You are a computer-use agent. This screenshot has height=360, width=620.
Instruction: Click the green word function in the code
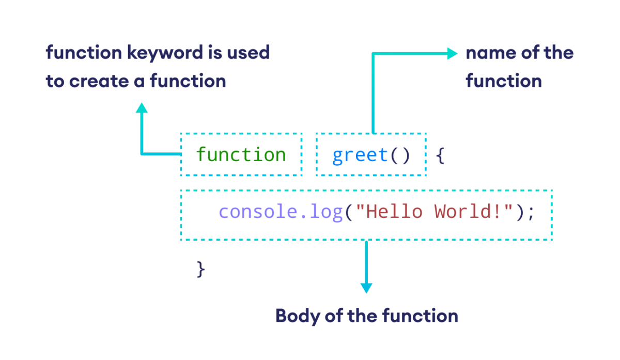241,155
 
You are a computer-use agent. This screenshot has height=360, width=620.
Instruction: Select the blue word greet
360,155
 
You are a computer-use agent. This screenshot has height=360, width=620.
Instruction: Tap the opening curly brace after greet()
440,155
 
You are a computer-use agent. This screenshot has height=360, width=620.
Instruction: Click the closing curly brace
201,269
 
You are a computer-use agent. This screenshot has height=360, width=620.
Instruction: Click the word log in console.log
326,212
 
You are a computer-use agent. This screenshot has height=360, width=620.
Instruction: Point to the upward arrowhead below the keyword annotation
142,107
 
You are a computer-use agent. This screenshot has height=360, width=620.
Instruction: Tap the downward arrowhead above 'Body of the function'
366,288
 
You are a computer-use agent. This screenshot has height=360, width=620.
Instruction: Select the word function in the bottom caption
421,316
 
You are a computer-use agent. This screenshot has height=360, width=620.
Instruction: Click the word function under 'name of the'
503,81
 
